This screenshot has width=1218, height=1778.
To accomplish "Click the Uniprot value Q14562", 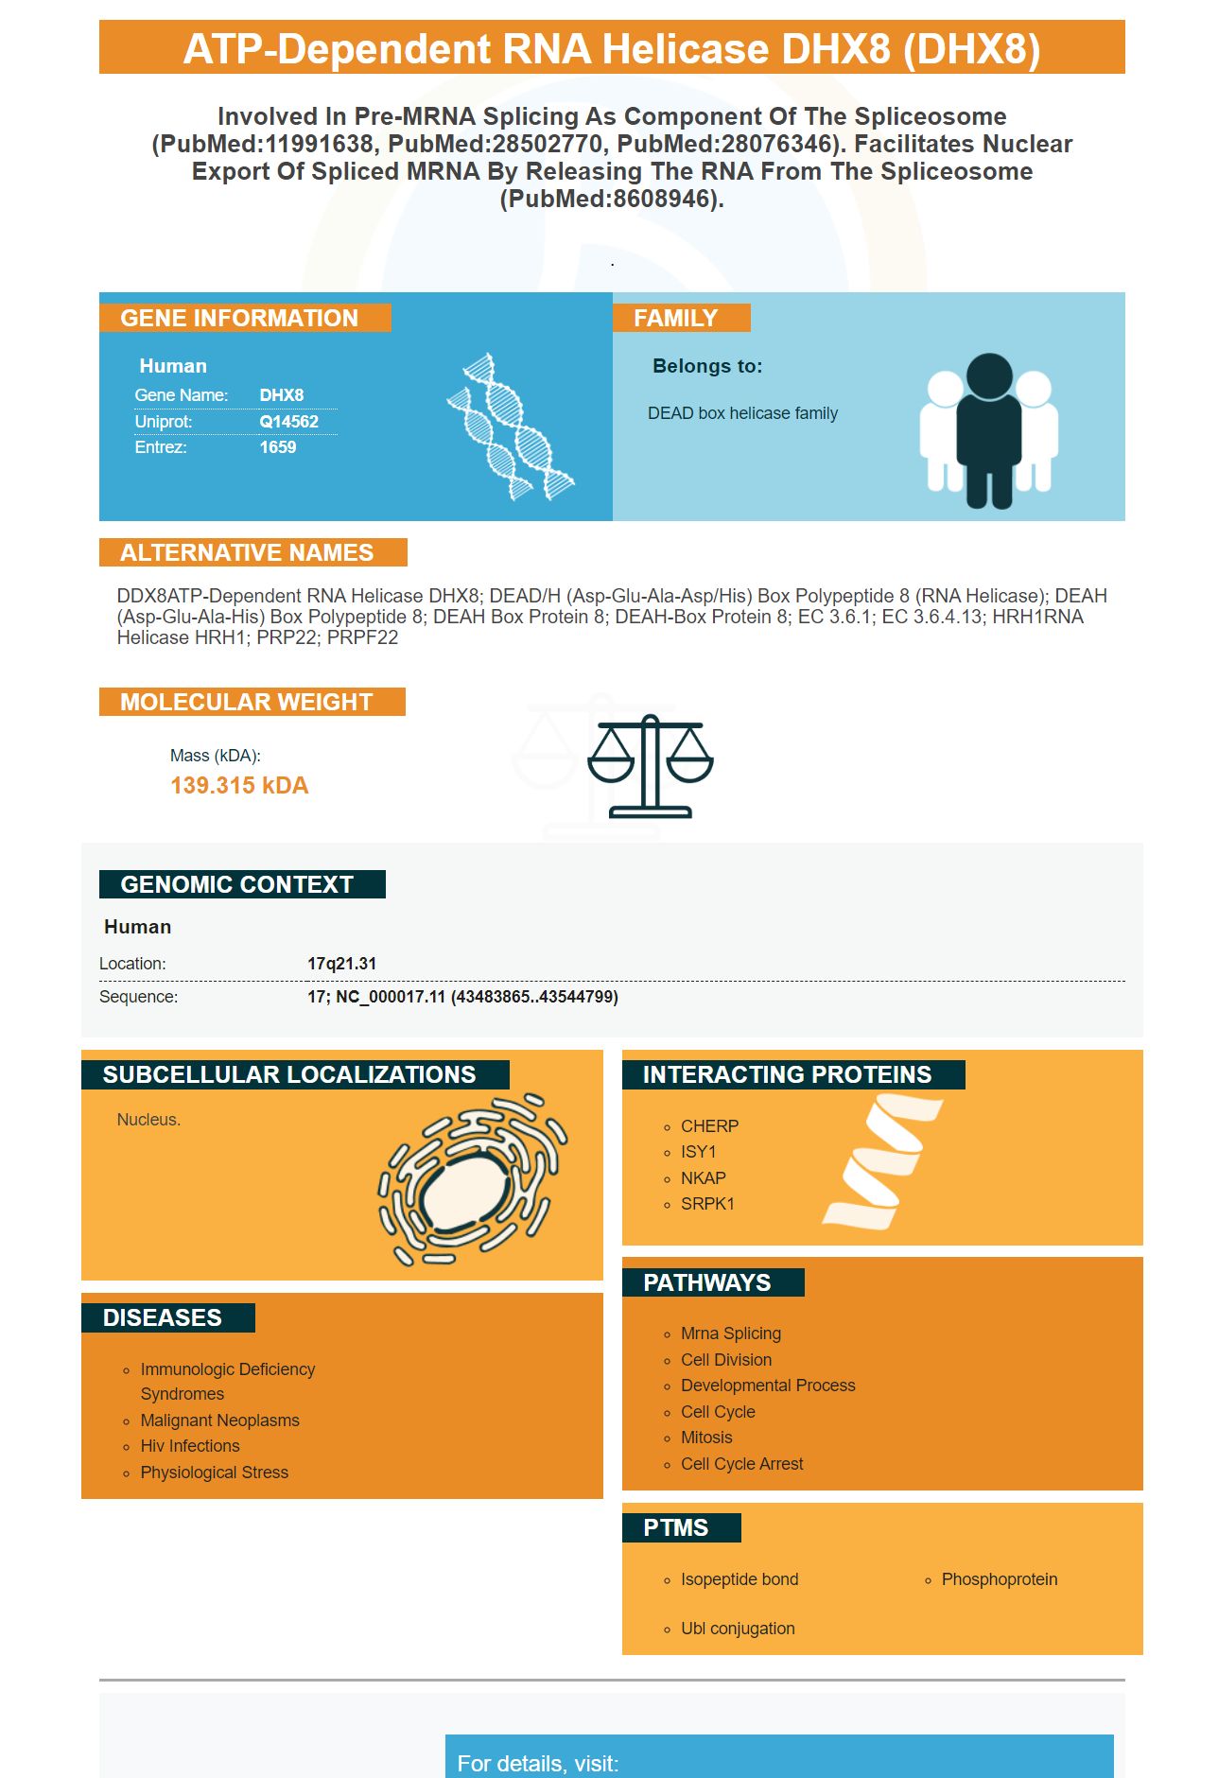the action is pyautogui.click(x=288, y=422).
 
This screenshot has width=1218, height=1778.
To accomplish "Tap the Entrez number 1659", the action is pyautogui.click(x=278, y=447).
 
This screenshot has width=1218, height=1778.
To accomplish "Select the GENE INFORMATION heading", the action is pyautogui.click(x=239, y=318).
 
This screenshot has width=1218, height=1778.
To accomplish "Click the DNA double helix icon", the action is pyautogui.click(x=511, y=427).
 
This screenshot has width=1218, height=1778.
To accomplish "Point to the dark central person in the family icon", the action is pyautogui.click(x=989, y=430).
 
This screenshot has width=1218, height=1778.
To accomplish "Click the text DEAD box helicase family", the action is pyautogui.click(x=742, y=413).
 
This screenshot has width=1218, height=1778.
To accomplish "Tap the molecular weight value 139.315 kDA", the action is pyautogui.click(x=239, y=786).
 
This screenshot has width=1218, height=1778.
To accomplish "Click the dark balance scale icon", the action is pyautogui.click(x=651, y=766).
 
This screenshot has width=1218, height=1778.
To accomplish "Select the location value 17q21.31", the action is pyautogui.click(x=341, y=964).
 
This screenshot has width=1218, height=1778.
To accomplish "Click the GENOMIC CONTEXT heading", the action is pyautogui.click(x=236, y=884).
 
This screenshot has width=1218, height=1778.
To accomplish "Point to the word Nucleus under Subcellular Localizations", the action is pyautogui.click(x=148, y=1120).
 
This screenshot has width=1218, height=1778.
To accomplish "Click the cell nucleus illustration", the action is pyautogui.click(x=473, y=1180).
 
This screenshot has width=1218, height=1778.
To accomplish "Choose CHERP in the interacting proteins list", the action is pyautogui.click(x=709, y=1126).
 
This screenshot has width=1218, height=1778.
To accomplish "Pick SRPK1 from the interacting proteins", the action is pyautogui.click(x=707, y=1204).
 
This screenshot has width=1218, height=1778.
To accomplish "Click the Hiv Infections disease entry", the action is pyautogui.click(x=190, y=1446).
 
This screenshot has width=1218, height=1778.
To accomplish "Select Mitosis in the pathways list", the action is pyautogui.click(x=706, y=1438).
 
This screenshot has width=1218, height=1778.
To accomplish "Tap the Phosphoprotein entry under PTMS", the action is pyautogui.click(x=1000, y=1579).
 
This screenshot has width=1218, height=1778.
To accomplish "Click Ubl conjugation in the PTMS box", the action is pyautogui.click(x=738, y=1629).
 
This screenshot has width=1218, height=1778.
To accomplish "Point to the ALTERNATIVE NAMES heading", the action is pyautogui.click(x=247, y=552).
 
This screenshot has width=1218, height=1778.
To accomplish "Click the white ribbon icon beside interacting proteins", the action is pyautogui.click(x=883, y=1161).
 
